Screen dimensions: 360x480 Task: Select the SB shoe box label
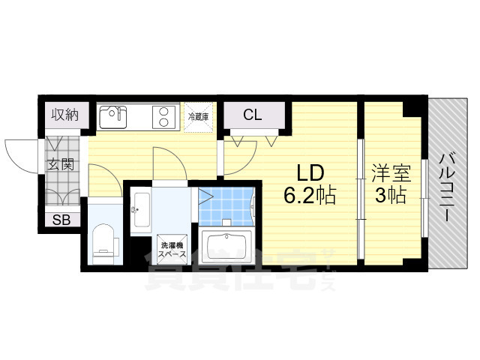tap(61, 220)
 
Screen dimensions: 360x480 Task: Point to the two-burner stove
tap(162, 116)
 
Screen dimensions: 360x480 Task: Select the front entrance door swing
tap(21, 154)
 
